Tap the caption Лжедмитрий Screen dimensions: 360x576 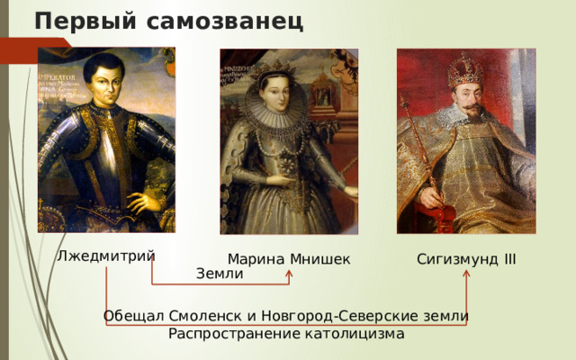tap(105, 256)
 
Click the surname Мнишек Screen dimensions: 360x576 tap(320, 260)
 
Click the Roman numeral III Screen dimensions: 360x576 tap(509, 259)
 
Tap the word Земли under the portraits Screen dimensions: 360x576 tap(220, 274)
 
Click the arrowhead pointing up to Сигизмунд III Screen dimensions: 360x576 tap(466, 274)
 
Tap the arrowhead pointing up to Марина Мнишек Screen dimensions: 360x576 tap(289, 274)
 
